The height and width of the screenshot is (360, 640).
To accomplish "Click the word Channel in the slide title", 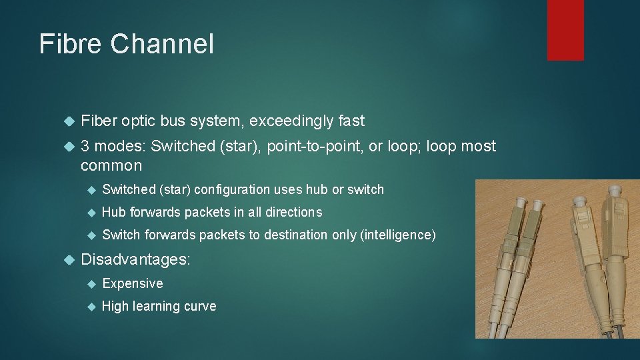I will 162,45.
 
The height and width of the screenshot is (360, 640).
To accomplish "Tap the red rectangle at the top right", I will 565,30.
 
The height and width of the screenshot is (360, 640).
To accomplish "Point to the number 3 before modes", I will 85,146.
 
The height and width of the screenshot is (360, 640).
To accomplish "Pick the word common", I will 111,165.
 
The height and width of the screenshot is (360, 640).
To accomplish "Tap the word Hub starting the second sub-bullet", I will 114,213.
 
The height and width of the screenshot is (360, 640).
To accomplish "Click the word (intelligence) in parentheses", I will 398,235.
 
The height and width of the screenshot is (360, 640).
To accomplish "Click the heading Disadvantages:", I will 135,259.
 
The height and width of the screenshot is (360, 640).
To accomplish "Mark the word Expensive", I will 133,284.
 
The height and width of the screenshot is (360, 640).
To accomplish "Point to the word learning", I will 158,307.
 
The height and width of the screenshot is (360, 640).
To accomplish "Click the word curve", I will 201,307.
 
